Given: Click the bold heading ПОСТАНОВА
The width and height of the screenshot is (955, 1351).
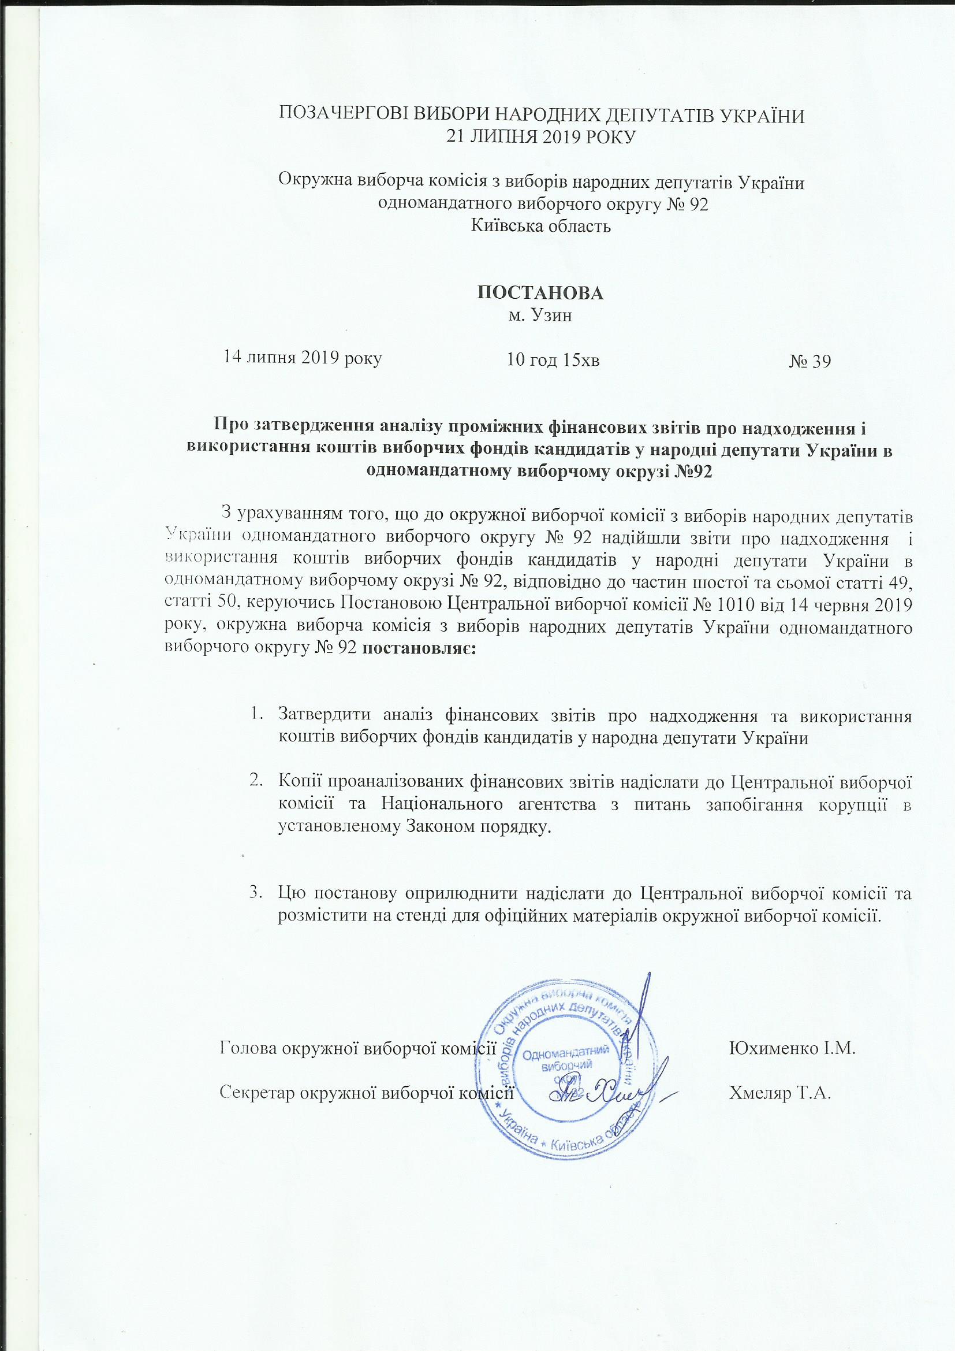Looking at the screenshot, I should [540, 294].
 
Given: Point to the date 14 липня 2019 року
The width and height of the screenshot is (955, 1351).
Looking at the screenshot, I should [301, 357].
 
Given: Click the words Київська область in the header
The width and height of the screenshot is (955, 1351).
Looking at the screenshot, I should [541, 226].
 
